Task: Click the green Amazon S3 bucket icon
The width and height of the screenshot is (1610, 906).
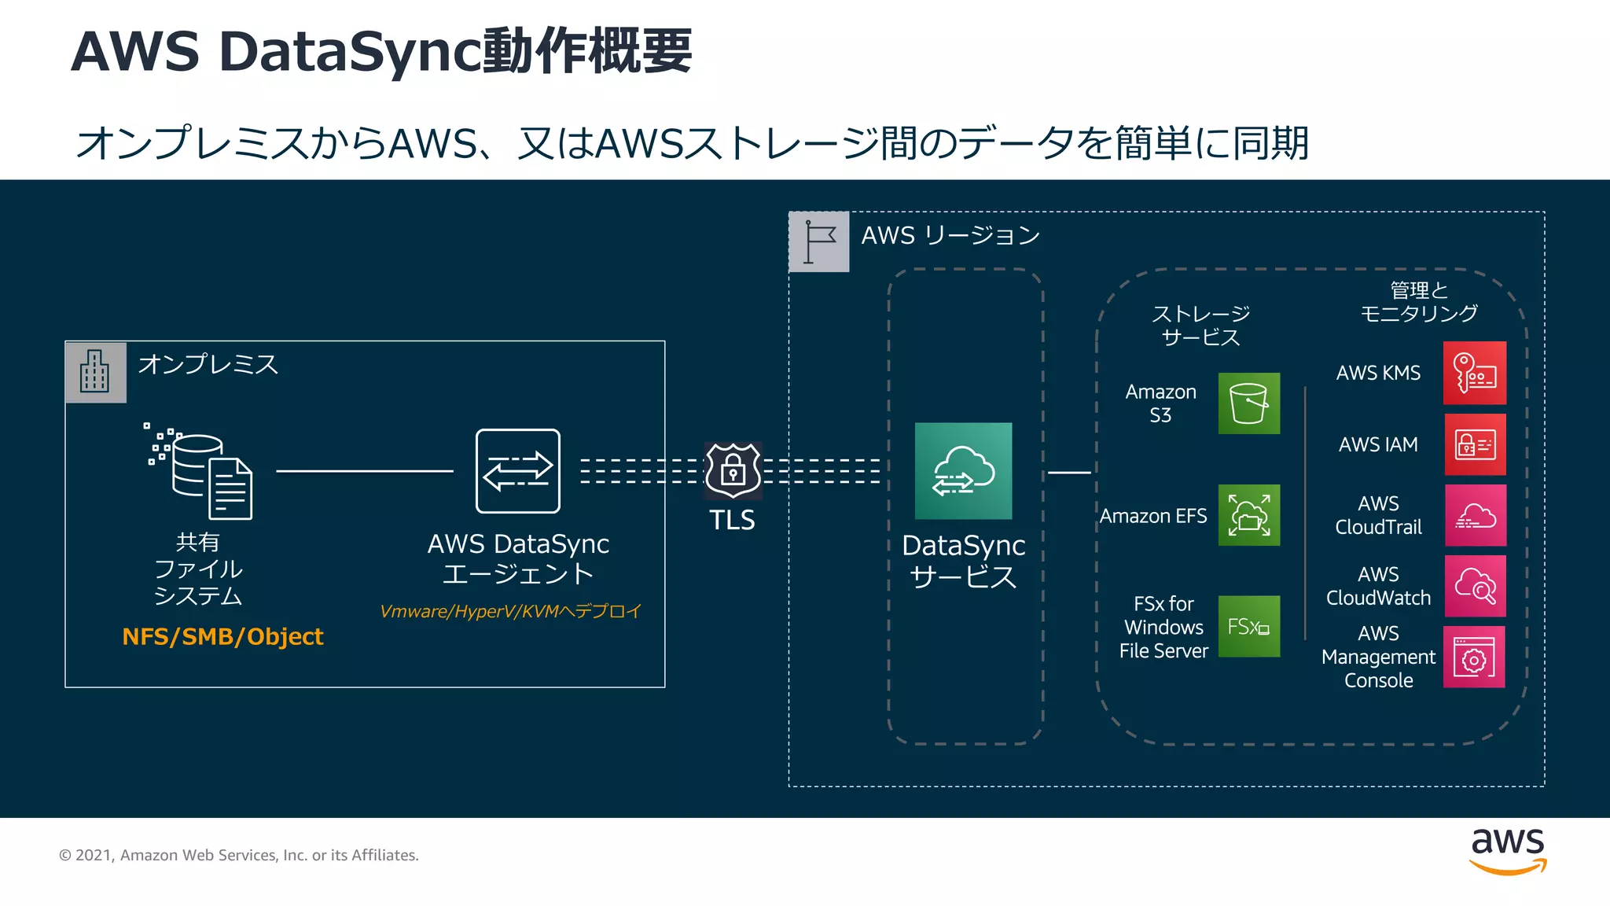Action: [x=1248, y=403]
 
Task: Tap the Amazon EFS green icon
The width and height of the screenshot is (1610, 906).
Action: [x=1248, y=515]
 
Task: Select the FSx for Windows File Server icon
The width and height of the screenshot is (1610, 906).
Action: [x=1248, y=626]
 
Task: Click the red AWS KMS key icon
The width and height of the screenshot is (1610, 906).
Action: [x=1475, y=373]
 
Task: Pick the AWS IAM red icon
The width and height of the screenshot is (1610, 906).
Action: [x=1475, y=444]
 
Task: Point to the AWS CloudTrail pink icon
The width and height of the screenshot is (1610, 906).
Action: [x=1475, y=515]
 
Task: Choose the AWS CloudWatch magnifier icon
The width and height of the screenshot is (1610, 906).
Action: [x=1475, y=586]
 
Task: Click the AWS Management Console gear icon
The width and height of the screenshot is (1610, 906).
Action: [x=1474, y=657]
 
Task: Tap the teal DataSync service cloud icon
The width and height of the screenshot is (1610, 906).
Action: [x=963, y=471]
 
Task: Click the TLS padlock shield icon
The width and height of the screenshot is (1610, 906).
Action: [x=733, y=470]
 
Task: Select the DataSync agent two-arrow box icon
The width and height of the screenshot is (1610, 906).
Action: [x=518, y=471]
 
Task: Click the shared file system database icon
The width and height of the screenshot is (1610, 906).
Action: [x=201, y=471]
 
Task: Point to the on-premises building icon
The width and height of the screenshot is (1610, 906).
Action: [x=96, y=372]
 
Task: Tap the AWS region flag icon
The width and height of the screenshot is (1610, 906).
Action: [x=819, y=241]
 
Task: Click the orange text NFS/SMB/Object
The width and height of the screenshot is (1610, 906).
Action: [x=222, y=636]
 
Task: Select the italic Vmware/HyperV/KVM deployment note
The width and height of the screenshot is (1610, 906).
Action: [x=511, y=611]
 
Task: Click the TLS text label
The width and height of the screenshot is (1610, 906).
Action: [x=732, y=521]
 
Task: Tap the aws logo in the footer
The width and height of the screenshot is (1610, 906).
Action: [x=1507, y=852]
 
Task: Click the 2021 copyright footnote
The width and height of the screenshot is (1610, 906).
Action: [x=239, y=855]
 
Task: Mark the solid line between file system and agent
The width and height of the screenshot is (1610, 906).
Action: [x=365, y=471]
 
